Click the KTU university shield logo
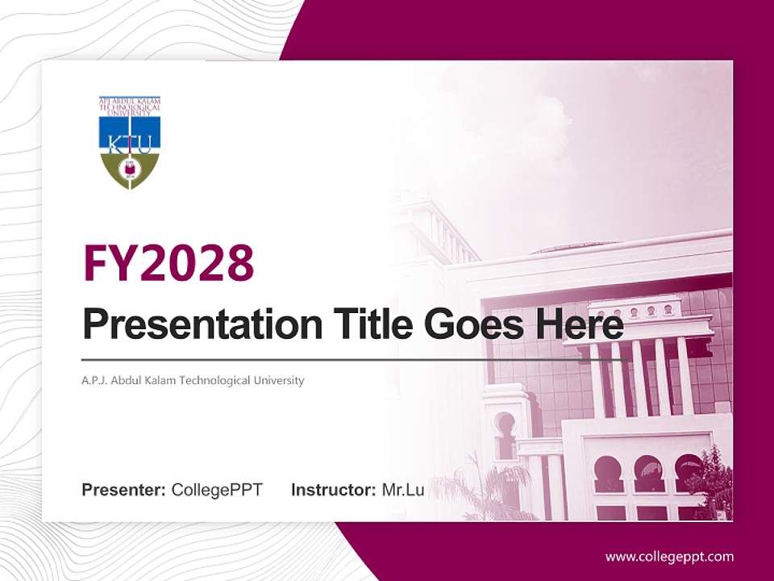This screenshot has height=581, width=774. pos(130,144)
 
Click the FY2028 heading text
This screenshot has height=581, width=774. pos(169,263)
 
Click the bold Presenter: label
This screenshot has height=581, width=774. pos(124,490)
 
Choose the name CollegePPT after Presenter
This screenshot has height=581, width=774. pos(217,490)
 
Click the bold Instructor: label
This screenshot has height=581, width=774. pos(333,490)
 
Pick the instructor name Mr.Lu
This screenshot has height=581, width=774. pos(403,490)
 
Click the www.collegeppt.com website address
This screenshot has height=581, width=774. pos(669,556)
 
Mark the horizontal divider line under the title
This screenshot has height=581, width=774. pos(355,359)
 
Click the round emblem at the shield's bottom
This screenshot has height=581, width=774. pos(130,170)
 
